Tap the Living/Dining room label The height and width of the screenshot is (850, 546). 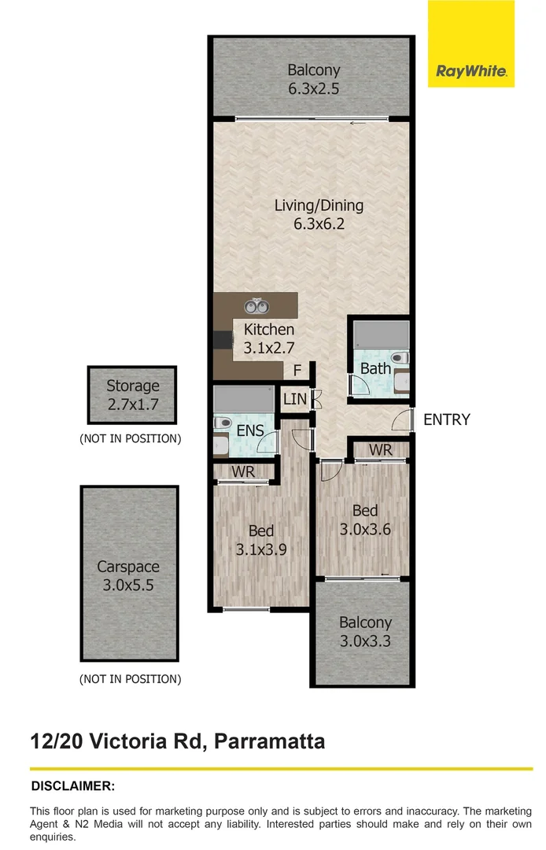[x=319, y=214]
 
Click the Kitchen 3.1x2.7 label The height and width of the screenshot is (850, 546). [x=269, y=338]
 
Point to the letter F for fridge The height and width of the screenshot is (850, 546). [x=297, y=370]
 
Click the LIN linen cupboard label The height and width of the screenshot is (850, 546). [x=295, y=400]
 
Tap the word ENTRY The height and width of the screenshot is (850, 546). [x=446, y=419]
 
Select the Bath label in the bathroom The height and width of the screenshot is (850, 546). [x=375, y=368]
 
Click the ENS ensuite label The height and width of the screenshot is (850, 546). [x=250, y=431]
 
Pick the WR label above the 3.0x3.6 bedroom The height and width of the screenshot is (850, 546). [x=380, y=449]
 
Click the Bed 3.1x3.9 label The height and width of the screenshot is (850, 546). [x=260, y=540]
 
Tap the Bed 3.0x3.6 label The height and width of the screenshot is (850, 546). [x=364, y=520]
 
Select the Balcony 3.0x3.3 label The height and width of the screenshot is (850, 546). [x=365, y=631]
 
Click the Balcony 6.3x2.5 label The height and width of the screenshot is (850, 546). [x=313, y=79]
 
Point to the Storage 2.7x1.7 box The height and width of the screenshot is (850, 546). [x=132, y=394]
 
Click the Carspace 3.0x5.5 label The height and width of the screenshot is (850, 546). [x=128, y=575]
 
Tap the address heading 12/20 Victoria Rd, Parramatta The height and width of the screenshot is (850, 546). [x=177, y=741]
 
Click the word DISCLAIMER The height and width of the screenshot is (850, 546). [x=72, y=786]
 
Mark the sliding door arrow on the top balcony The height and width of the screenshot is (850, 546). [x=359, y=124]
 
